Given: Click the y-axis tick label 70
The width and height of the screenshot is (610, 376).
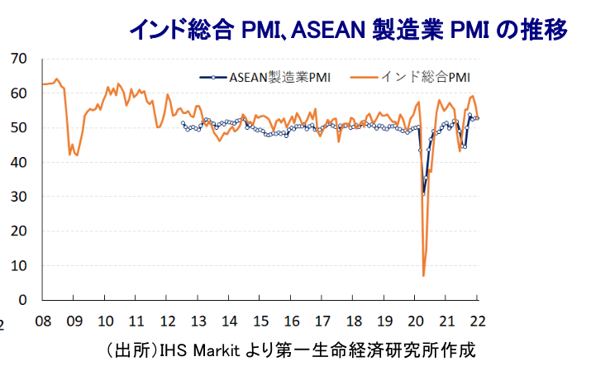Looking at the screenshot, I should (x=18, y=59).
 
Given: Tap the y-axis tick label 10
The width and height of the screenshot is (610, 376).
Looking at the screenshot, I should (x=18, y=265).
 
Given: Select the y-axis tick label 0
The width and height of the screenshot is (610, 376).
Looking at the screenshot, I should (x=22, y=300).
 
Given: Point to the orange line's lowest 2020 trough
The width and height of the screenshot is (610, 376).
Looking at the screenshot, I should (x=423, y=275).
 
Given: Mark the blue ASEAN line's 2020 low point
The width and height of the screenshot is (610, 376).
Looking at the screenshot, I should (x=424, y=194).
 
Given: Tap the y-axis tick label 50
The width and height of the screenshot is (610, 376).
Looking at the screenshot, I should (x=18, y=128).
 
